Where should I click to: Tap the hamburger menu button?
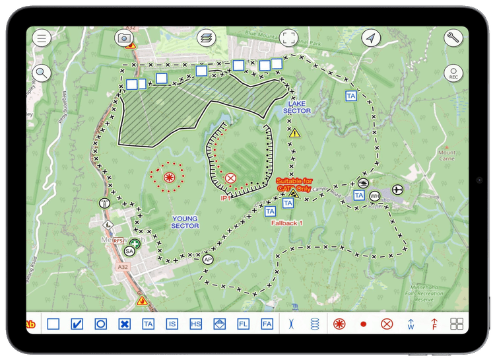[42, 38]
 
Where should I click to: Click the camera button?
[124, 38]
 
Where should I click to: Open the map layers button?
[207, 38]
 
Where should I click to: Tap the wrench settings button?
[453, 38]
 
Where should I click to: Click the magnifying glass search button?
[42, 73]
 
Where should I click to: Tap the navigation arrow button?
[371, 38]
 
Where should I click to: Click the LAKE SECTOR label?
[296, 108]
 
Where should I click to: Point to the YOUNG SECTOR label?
[185, 222]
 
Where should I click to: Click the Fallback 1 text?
[286, 223]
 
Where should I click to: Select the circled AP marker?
[209, 260]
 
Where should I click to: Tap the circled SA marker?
[129, 251]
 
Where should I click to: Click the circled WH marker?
[375, 196]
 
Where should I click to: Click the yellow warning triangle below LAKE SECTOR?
[294, 133]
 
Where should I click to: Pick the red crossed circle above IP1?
[230, 178]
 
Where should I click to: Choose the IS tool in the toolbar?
[172, 324]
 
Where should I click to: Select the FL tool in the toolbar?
[243, 324]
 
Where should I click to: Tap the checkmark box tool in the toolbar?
[77, 324]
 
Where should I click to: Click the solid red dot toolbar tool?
[363, 324]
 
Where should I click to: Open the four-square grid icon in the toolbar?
[457, 324]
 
